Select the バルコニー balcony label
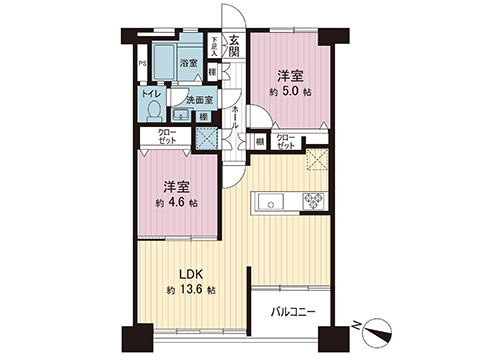294,312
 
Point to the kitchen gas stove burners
314,202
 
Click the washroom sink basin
180,116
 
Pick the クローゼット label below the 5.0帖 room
285,141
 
